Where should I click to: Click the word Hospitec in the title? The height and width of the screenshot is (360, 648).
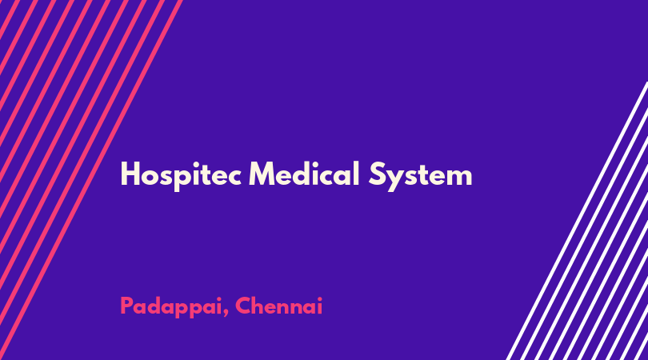click(181, 175)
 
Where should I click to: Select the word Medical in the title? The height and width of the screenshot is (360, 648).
click(304, 174)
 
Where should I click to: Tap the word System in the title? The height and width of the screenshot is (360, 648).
click(420, 176)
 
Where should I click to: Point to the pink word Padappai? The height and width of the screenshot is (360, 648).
click(171, 307)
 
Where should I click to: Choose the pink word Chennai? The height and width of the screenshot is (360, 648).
click(279, 306)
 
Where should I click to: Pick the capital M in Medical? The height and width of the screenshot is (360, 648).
click(263, 174)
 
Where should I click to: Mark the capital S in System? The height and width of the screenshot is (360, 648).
click(378, 174)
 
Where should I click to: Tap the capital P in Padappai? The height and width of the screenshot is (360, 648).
click(127, 306)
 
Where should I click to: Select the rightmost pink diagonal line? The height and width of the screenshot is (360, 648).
click(91, 180)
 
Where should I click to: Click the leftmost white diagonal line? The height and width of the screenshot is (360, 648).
click(578, 221)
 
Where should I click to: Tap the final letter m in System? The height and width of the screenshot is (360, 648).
click(458, 178)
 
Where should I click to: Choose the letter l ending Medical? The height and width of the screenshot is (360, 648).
click(356, 174)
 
